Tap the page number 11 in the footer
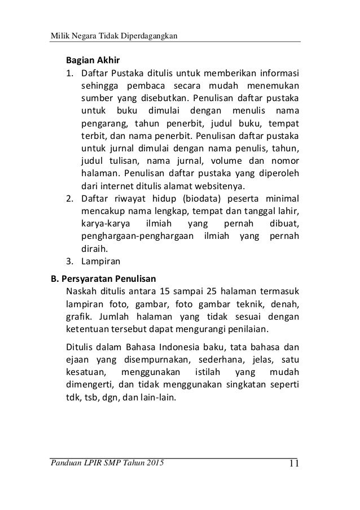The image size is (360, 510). (293, 465)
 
